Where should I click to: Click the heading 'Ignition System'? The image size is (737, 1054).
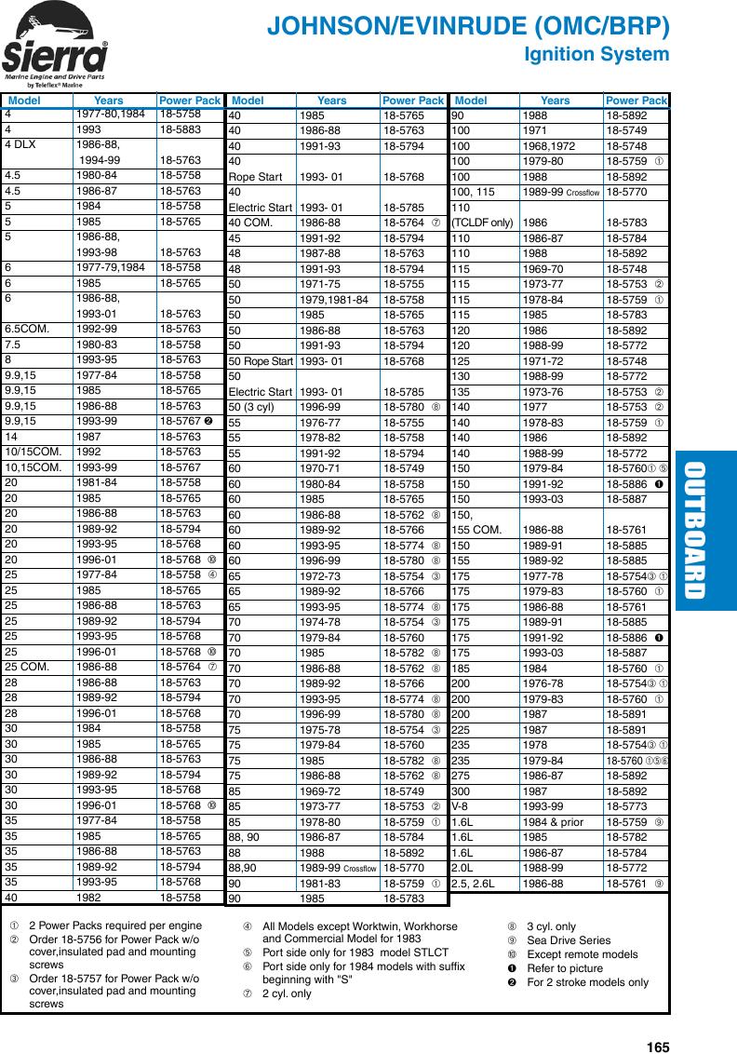coord(596,55)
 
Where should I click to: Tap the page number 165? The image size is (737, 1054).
coord(658,1021)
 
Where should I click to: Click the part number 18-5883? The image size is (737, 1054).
coord(180,130)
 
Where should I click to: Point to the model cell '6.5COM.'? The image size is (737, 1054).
coord(28,329)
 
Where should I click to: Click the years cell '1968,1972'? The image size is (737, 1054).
coord(550,146)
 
